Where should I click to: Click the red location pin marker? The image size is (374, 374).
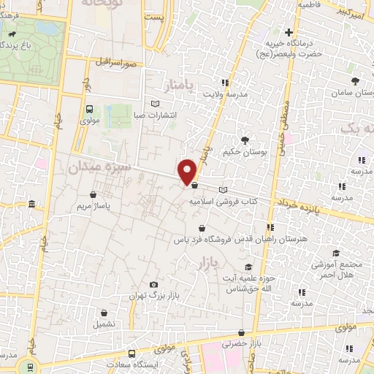(188, 171)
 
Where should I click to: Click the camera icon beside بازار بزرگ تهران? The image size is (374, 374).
(153, 285)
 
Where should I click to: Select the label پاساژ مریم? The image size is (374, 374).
(93, 206)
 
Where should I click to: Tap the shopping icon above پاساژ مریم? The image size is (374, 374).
(93, 194)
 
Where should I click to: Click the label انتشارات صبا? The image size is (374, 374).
(153, 115)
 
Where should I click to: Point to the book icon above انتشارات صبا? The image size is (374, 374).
(153, 103)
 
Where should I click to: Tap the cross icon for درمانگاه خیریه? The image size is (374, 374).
(289, 33)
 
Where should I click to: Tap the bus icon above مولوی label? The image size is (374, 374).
(89, 109)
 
